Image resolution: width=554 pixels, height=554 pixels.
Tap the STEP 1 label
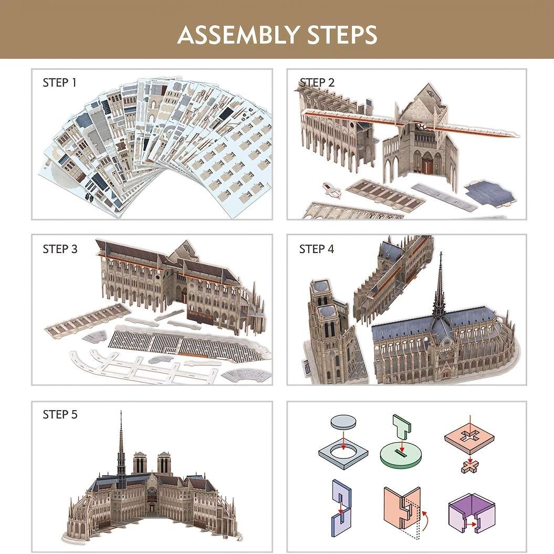[60, 83]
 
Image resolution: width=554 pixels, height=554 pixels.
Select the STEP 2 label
[317, 83]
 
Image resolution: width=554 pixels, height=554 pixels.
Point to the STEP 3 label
[60, 249]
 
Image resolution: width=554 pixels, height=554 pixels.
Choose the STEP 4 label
[317, 249]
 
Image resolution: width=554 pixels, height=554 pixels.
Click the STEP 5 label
[60, 415]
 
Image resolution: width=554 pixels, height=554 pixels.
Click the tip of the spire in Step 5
[121, 413]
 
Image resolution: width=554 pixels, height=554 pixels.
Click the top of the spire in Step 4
[440, 254]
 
